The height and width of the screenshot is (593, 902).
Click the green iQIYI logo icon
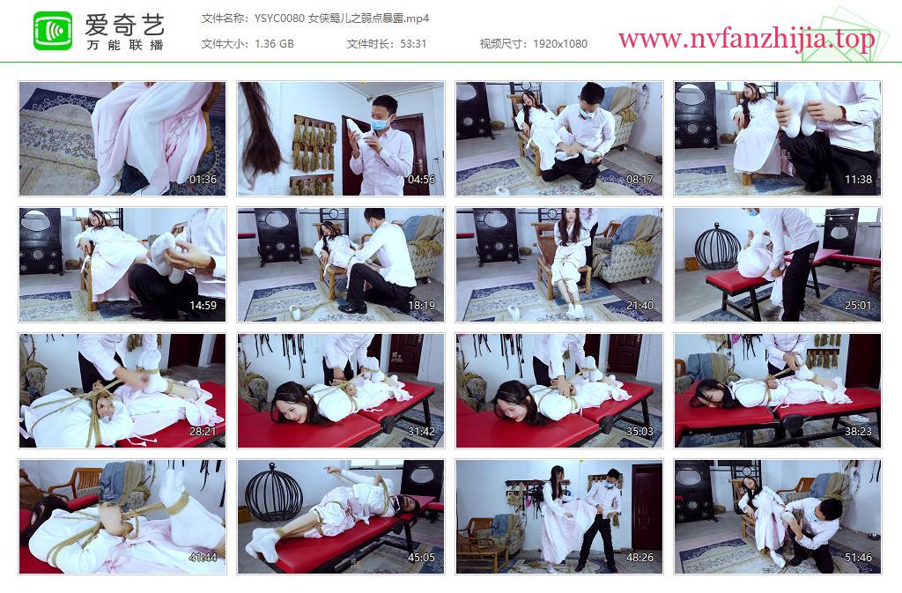click(53, 31)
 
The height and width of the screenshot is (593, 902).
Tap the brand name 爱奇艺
click(125, 24)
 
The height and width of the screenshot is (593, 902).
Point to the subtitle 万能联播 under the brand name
click(125, 45)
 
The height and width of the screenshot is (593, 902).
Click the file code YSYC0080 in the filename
click(279, 19)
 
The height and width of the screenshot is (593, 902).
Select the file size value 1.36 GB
click(274, 44)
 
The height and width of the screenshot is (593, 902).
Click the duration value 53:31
click(413, 44)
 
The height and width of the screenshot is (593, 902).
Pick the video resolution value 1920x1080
click(559, 44)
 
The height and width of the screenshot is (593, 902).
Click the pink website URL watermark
click(746, 40)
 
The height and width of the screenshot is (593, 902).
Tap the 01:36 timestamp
click(203, 180)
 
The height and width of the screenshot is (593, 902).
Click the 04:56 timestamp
click(422, 180)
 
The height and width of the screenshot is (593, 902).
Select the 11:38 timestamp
click(858, 180)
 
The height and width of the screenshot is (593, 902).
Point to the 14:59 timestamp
click(203, 306)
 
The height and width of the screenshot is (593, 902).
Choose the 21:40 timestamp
click(640, 306)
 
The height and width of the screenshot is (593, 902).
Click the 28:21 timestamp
click(203, 432)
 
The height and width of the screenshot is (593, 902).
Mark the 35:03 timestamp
click(640, 432)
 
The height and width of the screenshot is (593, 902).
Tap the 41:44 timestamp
click(203, 558)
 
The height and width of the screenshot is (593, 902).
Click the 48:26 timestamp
click(640, 558)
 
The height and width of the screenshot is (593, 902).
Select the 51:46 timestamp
click(858, 558)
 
